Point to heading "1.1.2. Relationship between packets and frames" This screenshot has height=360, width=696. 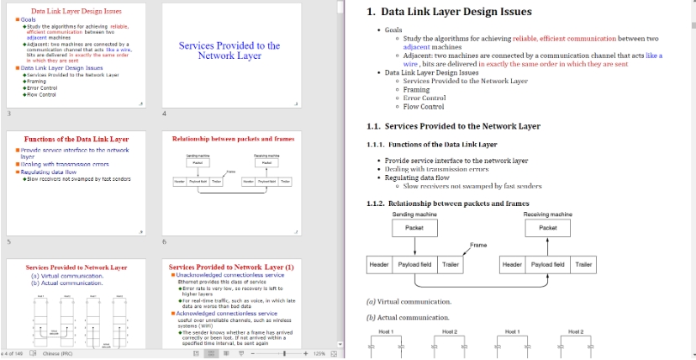pos(447,203)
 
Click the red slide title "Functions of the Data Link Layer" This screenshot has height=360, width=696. pos(76,138)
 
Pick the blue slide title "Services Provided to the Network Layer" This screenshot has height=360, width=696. pos(229,50)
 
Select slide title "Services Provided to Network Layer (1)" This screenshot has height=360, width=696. pos(231,267)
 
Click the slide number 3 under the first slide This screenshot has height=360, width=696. pos(9,114)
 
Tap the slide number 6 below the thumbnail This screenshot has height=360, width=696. pos(165,241)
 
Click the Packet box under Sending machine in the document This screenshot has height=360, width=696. pos(414,228)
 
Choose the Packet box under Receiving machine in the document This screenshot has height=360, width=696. pos(547,228)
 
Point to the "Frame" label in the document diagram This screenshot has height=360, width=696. pos(478,245)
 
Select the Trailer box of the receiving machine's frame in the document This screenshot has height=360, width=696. pos(583,265)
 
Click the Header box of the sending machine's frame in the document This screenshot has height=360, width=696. pos(379,265)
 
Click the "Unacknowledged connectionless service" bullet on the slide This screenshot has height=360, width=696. pos(230,275)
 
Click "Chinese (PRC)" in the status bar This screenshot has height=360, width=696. pos(58,354)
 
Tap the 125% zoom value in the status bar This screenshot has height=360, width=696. pos(319,354)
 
